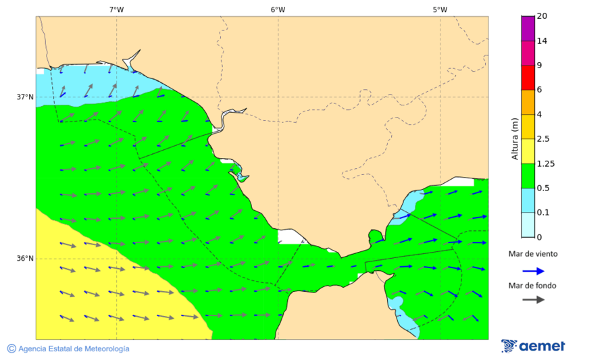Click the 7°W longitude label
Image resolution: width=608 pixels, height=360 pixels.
116,9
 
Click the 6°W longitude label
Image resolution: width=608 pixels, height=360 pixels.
278,9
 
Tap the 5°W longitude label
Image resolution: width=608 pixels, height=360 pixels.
440,9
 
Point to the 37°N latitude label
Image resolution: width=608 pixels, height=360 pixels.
25,97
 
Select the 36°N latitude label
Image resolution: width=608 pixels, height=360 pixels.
25,259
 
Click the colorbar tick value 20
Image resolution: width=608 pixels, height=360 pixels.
541,16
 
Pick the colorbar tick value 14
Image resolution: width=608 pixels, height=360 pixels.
541,41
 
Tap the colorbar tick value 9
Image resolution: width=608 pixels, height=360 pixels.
539,66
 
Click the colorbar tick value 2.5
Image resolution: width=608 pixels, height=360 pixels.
542,139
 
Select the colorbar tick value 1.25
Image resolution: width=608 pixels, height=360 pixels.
544,163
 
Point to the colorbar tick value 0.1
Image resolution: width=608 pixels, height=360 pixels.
542,213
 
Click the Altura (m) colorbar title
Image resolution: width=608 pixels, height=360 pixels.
514,138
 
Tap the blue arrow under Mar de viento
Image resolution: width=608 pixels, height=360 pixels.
533,271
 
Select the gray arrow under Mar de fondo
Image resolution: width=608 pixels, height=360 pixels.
533,299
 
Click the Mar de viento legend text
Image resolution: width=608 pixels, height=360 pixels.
533,254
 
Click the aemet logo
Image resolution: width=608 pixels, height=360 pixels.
533,346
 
